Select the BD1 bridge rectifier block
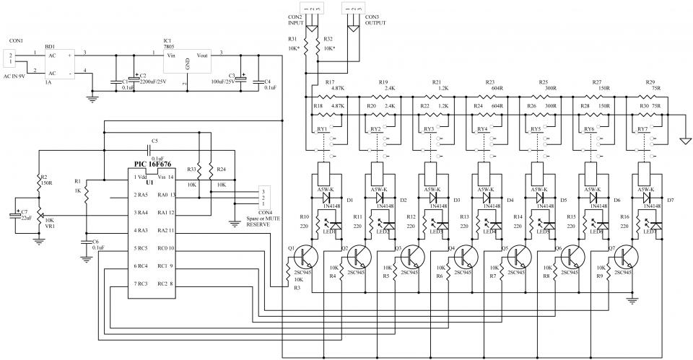[59, 63]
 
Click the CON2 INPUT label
[295, 20]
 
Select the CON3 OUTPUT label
[375, 20]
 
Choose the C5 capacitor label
[154, 141]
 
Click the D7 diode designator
[669, 199]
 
